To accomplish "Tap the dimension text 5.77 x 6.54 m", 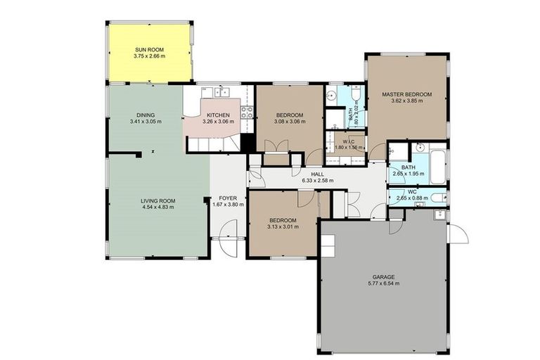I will tap(383, 283).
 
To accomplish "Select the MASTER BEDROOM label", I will tap(406, 94).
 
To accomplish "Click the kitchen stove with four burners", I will tap(247, 114).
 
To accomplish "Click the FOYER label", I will tap(228, 198).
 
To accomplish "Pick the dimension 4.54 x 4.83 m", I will tap(157, 208).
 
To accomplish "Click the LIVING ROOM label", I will tap(157, 201).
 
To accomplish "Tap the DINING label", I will tap(146, 115).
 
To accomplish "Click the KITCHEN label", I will tap(218, 115).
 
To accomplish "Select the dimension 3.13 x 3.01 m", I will tap(282, 226).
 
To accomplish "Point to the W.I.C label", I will tap(345, 139).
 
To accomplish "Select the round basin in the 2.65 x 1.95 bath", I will tap(419, 148).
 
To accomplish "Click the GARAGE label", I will tap(383, 276).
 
